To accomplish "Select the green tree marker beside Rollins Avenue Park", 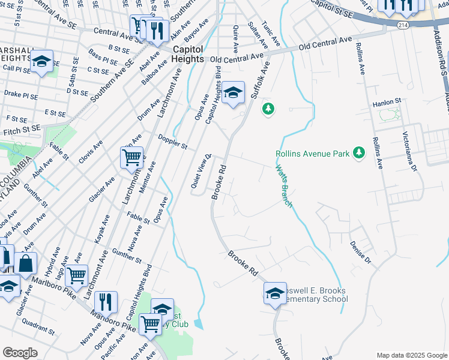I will pos(359,154).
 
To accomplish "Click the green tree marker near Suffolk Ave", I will pos(268,109).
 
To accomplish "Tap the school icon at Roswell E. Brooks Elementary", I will pos(275,293).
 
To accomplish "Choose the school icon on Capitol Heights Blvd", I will pos(234,92).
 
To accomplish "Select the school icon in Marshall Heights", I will pos(42,61).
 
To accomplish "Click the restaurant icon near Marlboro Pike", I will pos(106,302).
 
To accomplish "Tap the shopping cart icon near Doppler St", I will pos(131,158).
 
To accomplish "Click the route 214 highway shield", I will pos(403,25).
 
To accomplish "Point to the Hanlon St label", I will pos(386,103).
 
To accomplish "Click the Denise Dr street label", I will pos(360,252).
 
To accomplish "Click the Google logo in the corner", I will pos(20,352).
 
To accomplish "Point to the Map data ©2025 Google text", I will pos(411,355).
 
